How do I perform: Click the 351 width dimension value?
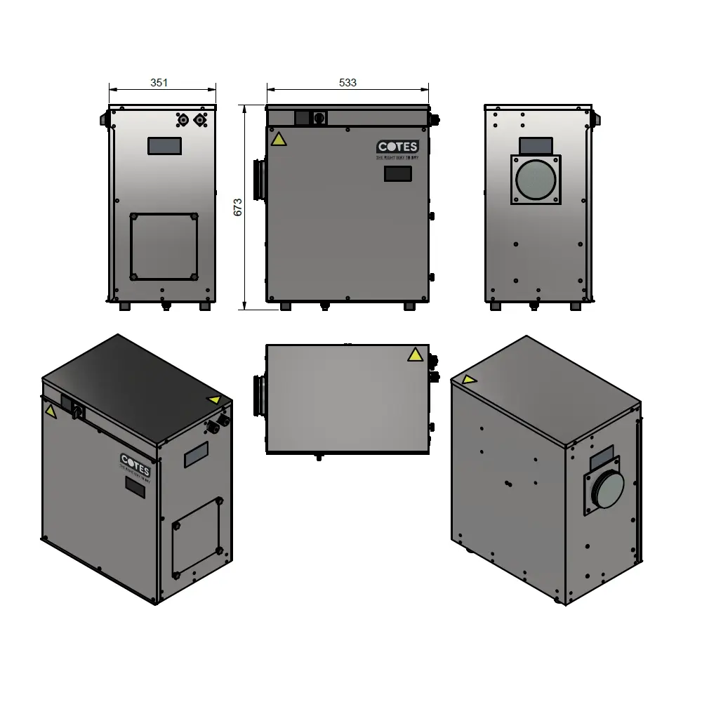pyautogui.click(x=159, y=82)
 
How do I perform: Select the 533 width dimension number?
pyautogui.click(x=347, y=82)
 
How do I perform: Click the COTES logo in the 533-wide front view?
pyautogui.click(x=397, y=147)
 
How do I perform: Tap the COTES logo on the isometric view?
pyautogui.click(x=134, y=464)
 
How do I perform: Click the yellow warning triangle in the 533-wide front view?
pyautogui.click(x=279, y=139)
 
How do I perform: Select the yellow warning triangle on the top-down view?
pyautogui.click(x=415, y=355)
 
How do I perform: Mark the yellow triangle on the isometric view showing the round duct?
pyautogui.click(x=468, y=380)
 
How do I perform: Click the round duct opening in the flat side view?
pyautogui.click(x=536, y=180)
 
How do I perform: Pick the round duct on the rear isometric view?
pyautogui.click(x=604, y=488)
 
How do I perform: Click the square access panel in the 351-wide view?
pyautogui.click(x=164, y=247)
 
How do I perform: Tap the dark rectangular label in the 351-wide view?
pyautogui.click(x=164, y=146)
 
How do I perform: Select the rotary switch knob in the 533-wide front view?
pyautogui.click(x=319, y=118)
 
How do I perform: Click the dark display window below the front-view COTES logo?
pyautogui.click(x=397, y=174)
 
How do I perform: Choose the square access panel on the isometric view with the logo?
pyautogui.click(x=197, y=536)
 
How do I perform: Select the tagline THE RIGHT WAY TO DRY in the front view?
pyautogui.click(x=397, y=159)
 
